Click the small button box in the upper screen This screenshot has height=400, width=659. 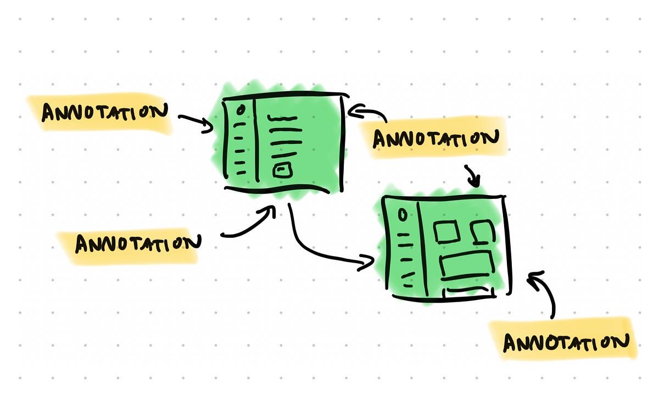281,171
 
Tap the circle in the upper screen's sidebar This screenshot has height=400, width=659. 240,110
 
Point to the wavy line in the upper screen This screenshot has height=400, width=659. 281,118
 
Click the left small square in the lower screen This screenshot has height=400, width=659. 445,231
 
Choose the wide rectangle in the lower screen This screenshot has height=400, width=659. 467,266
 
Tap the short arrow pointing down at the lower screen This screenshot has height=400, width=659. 473,176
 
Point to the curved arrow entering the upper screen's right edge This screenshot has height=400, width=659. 369,113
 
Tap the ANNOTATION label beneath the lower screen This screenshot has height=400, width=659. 566,342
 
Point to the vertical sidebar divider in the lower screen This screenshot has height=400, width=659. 418,245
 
